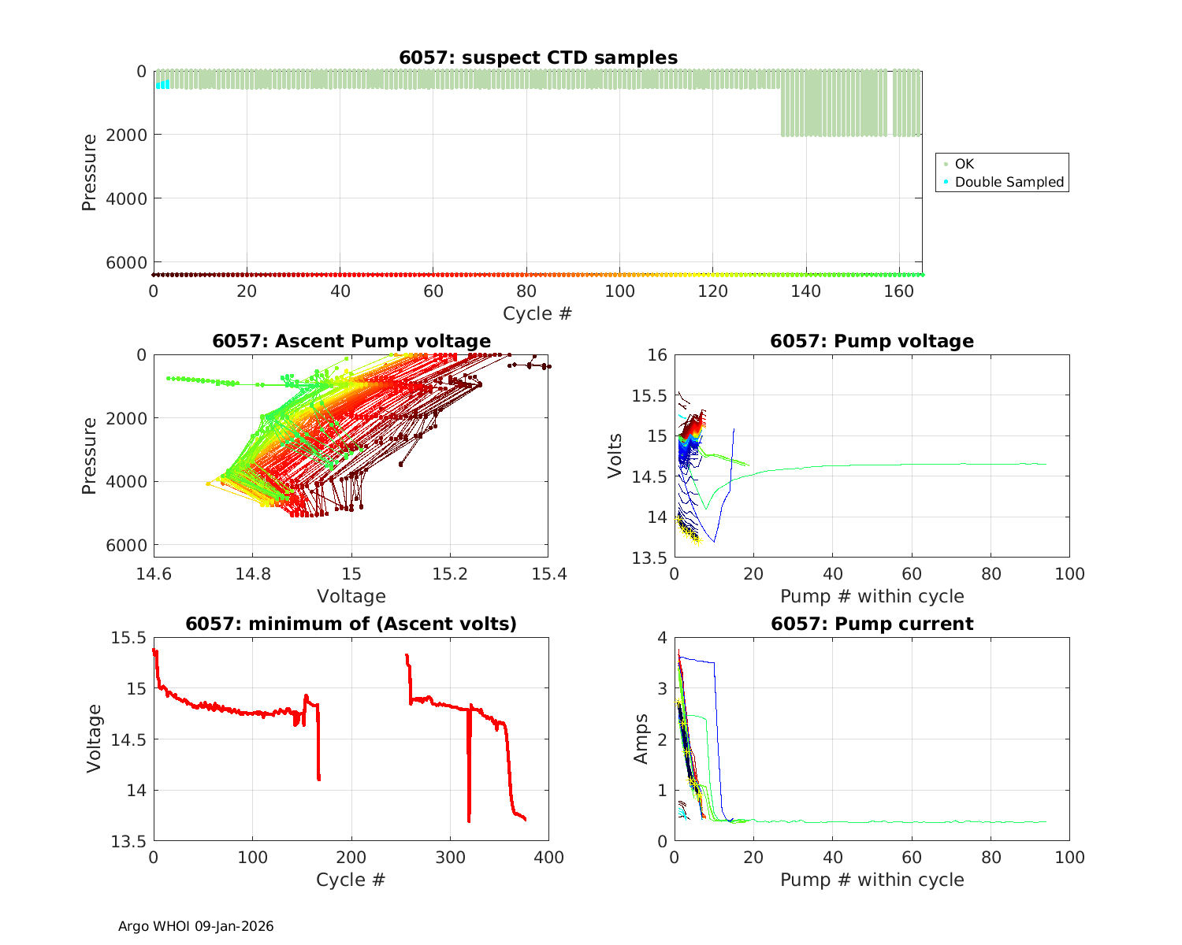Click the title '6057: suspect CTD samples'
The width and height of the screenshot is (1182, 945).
click(x=538, y=57)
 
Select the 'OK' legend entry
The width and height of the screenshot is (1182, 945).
click(x=964, y=164)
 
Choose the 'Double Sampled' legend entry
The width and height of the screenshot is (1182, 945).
click(x=1009, y=182)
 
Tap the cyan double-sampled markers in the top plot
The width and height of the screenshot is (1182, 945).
click(x=162, y=84)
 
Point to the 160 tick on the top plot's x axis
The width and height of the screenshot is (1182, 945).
click(x=899, y=291)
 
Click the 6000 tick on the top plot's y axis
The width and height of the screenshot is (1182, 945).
click(x=132, y=262)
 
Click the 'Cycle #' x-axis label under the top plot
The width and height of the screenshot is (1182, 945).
click(x=537, y=313)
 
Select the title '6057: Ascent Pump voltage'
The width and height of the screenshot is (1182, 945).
click(x=351, y=341)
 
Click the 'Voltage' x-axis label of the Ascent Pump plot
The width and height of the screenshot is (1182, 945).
click(x=351, y=596)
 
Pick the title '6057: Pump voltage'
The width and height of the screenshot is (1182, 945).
click(x=872, y=341)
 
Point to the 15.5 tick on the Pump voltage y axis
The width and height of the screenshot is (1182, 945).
click(x=649, y=395)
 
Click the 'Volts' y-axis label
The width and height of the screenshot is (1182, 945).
click(x=615, y=455)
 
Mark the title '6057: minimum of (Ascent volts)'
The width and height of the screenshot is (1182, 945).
click(x=351, y=624)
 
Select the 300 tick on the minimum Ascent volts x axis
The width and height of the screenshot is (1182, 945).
click(x=450, y=857)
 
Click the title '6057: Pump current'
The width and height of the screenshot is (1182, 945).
click(x=872, y=624)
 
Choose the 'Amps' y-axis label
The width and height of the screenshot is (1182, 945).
click(x=641, y=739)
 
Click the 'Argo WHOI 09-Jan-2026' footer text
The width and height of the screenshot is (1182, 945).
click(x=196, y=926)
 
